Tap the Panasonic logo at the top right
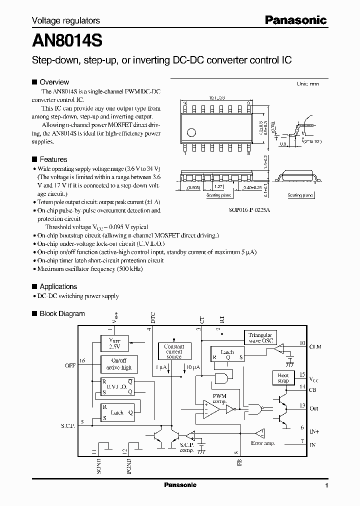coord(295,20)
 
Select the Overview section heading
coord(54,82)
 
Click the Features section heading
coord(53,159)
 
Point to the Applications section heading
coord(58,286)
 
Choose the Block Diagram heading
coord(62,313)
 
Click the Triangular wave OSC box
coord(260,338)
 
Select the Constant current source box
coord(174,351)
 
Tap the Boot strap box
coord(283,378)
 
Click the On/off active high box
coord(118,364)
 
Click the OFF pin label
coord(70,365)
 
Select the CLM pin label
coord(316,345)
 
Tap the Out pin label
coord(314,408)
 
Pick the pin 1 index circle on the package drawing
coord(191,132)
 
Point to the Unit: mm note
coord(307,84)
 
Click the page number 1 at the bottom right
coord(326,485)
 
